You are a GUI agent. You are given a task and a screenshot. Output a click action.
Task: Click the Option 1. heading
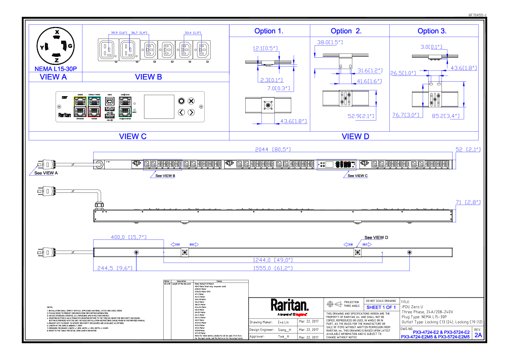[269, 31]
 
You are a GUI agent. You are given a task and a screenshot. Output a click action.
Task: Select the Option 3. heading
[432, 31]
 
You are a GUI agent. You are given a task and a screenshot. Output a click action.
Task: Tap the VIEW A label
[53, 77]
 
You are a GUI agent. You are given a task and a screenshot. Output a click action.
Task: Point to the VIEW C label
[133, 136]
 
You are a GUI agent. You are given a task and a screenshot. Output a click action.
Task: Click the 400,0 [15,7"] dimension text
[129, 237]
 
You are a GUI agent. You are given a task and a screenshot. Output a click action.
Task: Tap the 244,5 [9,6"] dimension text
[115, 268]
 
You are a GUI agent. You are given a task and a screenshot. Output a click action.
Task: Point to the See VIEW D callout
[376, 237]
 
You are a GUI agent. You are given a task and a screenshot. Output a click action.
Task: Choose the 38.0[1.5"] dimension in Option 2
[330, 43]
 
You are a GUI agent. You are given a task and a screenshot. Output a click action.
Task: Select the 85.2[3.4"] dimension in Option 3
[445, 115]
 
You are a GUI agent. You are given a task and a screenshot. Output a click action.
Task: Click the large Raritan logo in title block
[289, 305]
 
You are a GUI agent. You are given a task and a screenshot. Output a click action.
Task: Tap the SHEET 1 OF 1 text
[381, 307]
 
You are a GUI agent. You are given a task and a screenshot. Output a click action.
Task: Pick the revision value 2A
[478, 335]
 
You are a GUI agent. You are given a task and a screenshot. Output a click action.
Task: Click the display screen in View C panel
[159, 107]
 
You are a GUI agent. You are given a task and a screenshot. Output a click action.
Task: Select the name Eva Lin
[283, 322]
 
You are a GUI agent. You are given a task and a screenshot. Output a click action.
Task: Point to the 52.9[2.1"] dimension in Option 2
[361, 116]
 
